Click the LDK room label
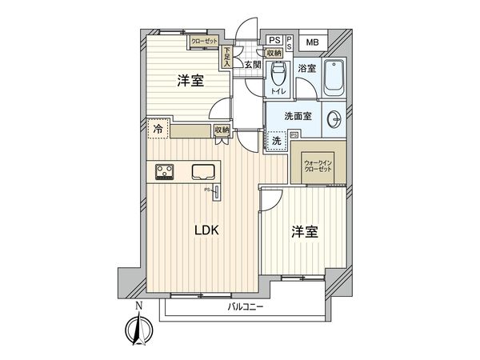(211, 230)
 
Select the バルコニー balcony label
(246, 307)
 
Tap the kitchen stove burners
(166, 171)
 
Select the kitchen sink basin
(202, 171)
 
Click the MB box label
(312, 42)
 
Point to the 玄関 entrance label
(253, 66)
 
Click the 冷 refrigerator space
(158, 129)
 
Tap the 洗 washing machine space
(277, 142)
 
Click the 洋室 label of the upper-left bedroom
(190, 82)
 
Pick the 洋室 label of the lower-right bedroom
(306, 232)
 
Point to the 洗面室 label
(298, 117)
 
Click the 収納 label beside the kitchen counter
(221, 130)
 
